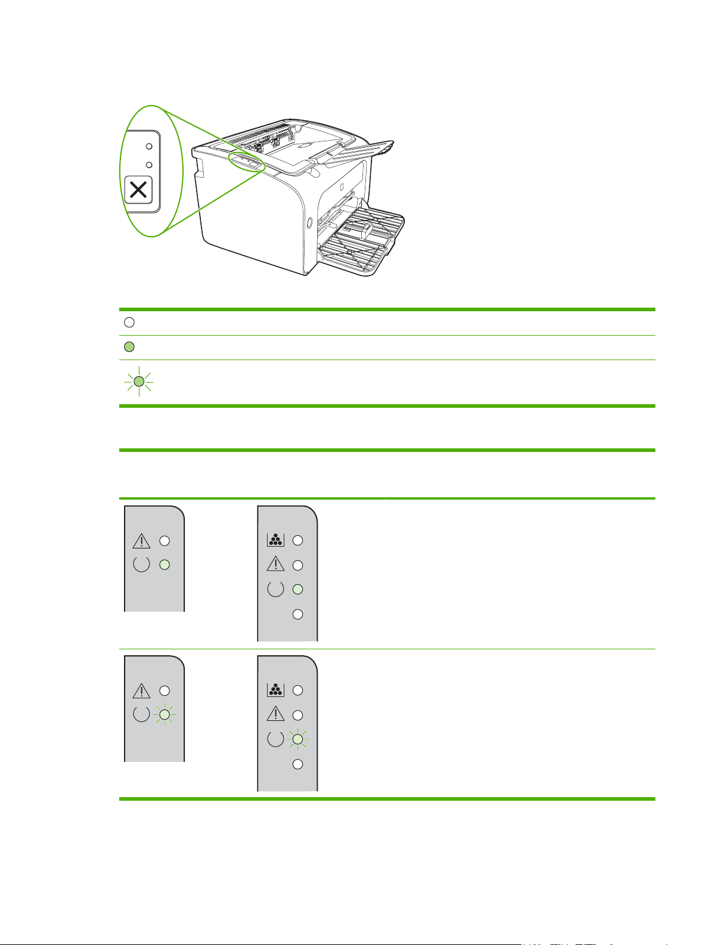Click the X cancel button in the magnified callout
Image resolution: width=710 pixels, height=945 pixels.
click(138, 191)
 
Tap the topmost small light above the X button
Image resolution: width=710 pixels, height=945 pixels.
click(149, 145)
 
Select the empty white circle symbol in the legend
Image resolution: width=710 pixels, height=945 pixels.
click(129, 323)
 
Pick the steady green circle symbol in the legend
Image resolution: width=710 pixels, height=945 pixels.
click(129, 347)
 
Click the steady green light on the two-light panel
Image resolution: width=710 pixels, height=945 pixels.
click(165, 564)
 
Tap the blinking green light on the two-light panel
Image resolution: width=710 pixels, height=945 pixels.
click(165, 714)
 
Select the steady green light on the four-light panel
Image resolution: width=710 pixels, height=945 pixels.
click(297, 589)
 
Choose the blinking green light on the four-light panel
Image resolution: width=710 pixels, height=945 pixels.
click(297, 739)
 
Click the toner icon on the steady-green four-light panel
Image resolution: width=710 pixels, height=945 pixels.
click(275, 540)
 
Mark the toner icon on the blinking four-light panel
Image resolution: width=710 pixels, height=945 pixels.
click(275, 690)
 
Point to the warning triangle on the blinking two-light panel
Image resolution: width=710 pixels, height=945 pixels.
click(141, 691)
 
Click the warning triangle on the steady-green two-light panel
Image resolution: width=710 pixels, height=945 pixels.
click(141, 541)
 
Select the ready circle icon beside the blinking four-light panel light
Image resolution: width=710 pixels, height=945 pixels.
click(275, 740)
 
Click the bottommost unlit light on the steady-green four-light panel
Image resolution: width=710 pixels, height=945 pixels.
click(297, 614)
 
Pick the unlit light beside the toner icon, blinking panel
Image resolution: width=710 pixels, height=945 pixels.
click(297, 690)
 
